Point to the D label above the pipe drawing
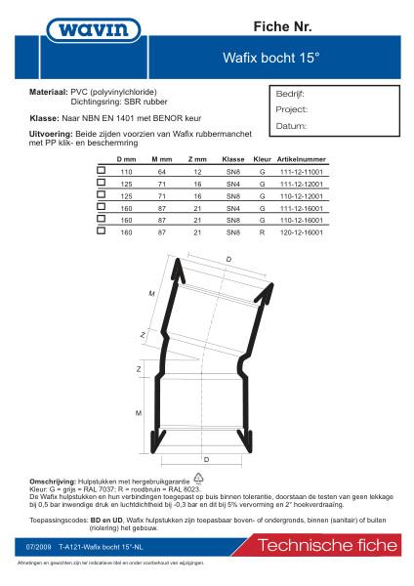228,258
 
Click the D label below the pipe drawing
206,457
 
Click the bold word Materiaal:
49,90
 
